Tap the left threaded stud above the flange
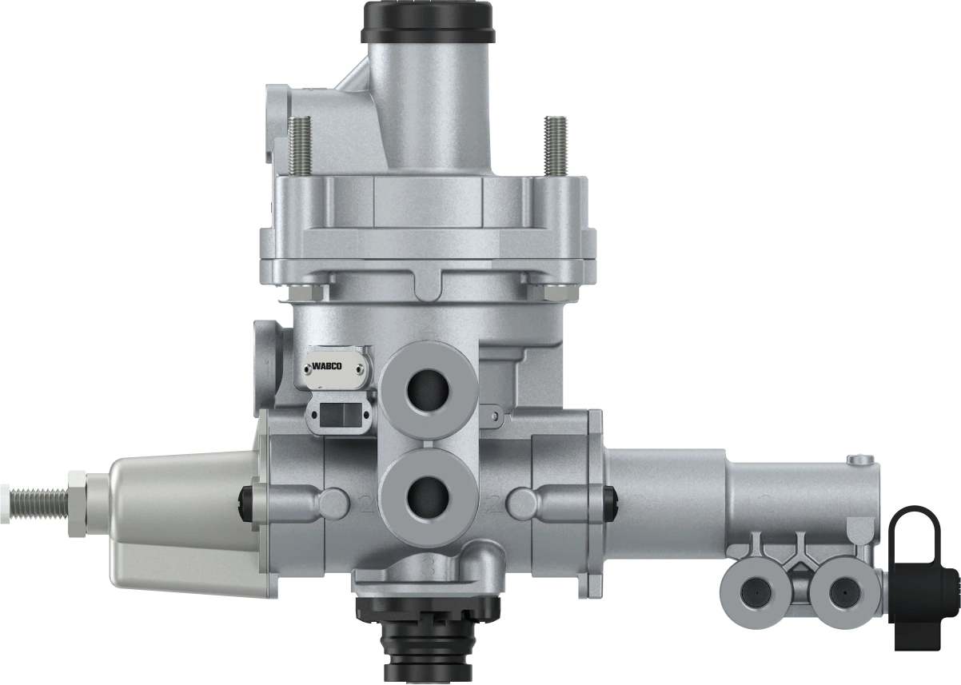click(x=302, y=146)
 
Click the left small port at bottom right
click(x=752, y=592)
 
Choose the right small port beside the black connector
click(x=840, y=592)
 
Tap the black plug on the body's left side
click(x=245, y=500)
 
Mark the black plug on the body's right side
click(x=612, y=500)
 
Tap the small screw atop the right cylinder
click(x=859, y=459)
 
